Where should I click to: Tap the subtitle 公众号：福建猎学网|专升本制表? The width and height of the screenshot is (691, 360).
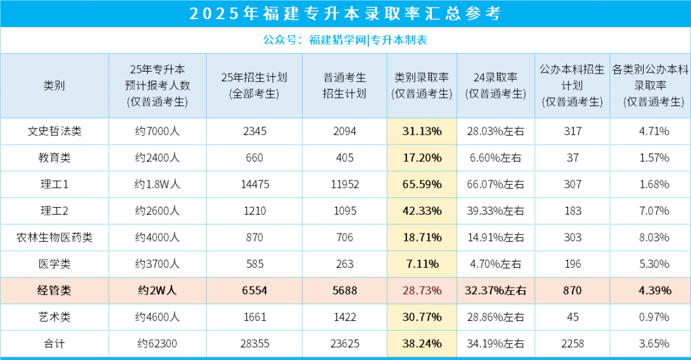pos(345,40)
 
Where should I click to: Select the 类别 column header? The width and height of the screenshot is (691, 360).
pos(54,86)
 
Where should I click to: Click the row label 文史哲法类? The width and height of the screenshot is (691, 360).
pos(54,132)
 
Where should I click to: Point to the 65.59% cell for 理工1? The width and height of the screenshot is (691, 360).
pos(422,184)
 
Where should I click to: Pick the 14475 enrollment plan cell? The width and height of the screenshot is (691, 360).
pos(254,184)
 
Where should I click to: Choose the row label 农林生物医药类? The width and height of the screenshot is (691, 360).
pos(54,237)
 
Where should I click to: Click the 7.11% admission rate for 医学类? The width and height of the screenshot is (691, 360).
pos(422,263)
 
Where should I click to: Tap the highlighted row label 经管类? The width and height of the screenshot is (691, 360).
pos(54,290)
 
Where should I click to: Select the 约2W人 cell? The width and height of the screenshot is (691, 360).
pos(157,290)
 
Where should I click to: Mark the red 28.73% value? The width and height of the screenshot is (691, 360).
pos(422,290)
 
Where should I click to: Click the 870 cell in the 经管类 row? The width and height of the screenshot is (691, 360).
pos(573,290)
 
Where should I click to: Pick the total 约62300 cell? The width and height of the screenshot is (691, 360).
pos(157,343)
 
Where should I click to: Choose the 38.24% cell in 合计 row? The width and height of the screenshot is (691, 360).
pos(422,343)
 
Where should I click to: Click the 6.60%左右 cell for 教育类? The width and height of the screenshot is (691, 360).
pos(495,158)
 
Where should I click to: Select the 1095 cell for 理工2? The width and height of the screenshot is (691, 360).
pos(345,210)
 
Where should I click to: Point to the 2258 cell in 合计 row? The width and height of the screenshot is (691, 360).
pos(573,343)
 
